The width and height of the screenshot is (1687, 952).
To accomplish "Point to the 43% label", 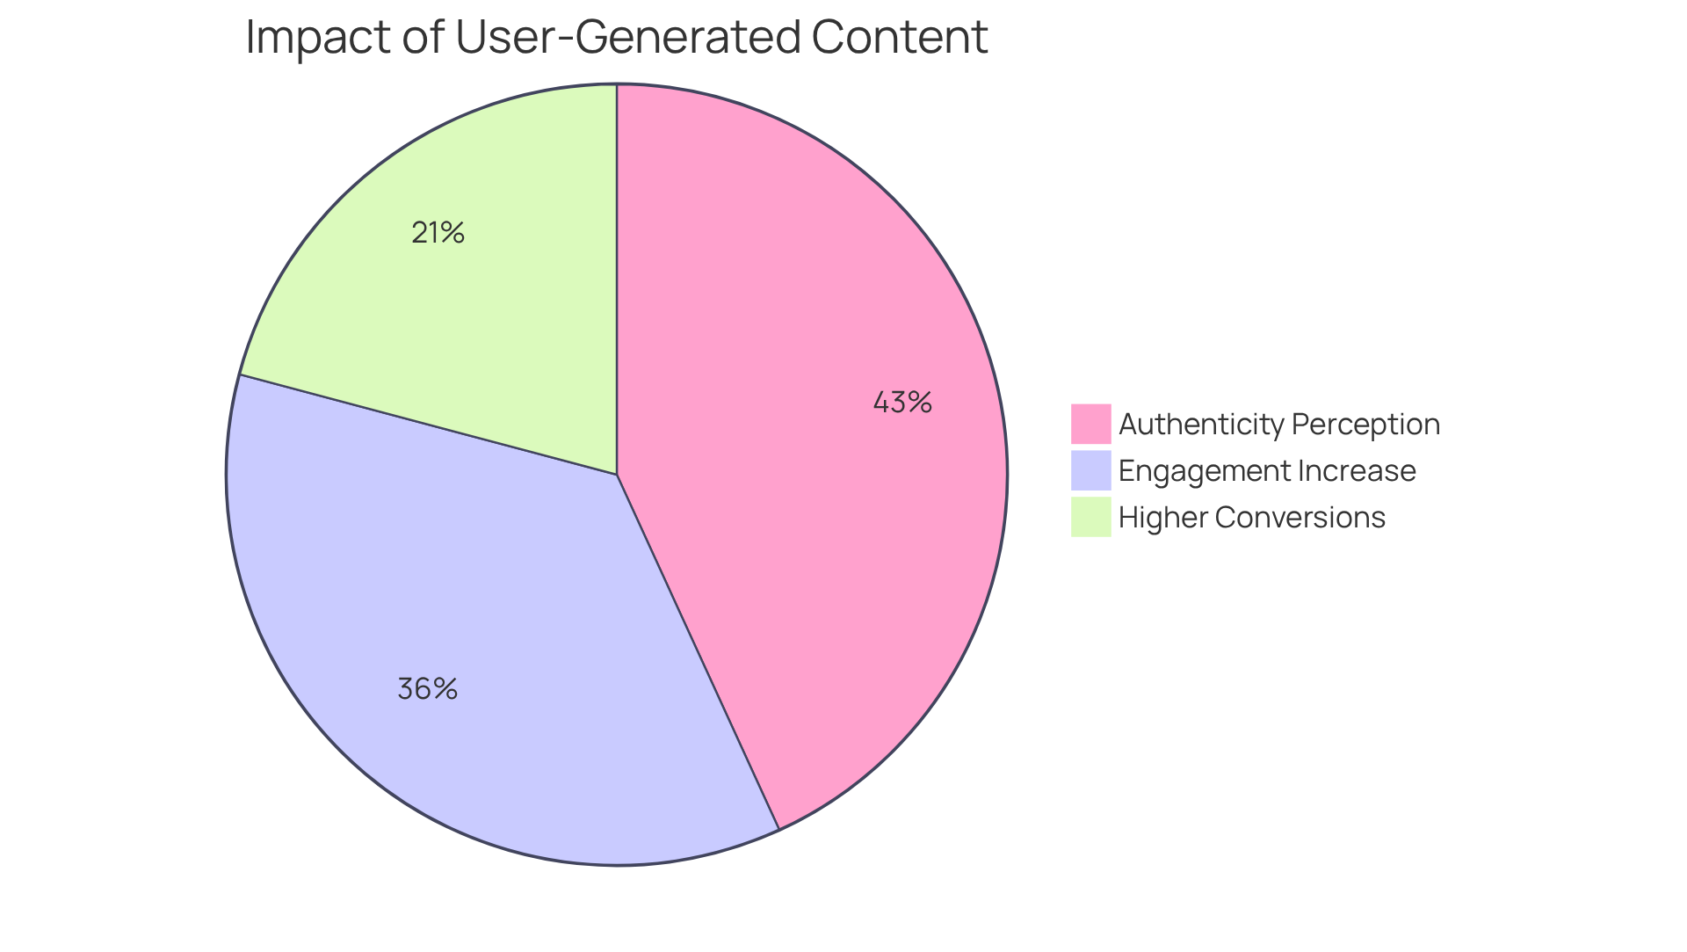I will (x=902, y=403).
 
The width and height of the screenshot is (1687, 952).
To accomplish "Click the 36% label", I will (x=427, y=688).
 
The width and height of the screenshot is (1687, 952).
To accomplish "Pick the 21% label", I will (x=438, y=233).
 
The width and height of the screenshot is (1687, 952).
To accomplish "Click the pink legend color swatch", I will (x=1090, y=424).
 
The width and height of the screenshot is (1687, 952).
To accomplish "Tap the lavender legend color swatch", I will (x=1090, y=470).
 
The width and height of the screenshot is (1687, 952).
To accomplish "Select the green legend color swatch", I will (x=1090, y=517).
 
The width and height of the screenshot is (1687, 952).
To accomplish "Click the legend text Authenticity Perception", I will (x=1279, y=425).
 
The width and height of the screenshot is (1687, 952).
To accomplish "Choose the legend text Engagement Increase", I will (x=1267, y=471).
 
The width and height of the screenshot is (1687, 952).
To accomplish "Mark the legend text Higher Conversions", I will (x=1252, y=518).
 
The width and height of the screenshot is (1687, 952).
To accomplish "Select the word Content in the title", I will (x=900, y=38).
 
